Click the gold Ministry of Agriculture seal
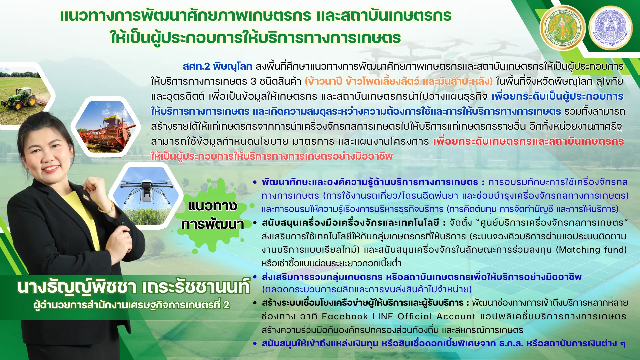point(563,28)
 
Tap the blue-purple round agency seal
point(610,28)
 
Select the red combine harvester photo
point(106,127)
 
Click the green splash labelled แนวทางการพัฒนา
point(212,215)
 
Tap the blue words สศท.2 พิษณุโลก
point(217,66)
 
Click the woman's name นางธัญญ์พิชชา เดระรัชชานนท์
point(133,287)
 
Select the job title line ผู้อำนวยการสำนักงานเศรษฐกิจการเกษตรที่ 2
point(131,305)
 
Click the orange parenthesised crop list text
point(398,81)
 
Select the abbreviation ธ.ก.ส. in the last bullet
point(511,343)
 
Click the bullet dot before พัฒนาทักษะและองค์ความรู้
point(255,182)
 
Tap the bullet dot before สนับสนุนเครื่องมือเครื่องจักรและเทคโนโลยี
point(255,223)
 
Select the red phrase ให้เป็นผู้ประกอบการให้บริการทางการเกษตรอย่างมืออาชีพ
point(272,156)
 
